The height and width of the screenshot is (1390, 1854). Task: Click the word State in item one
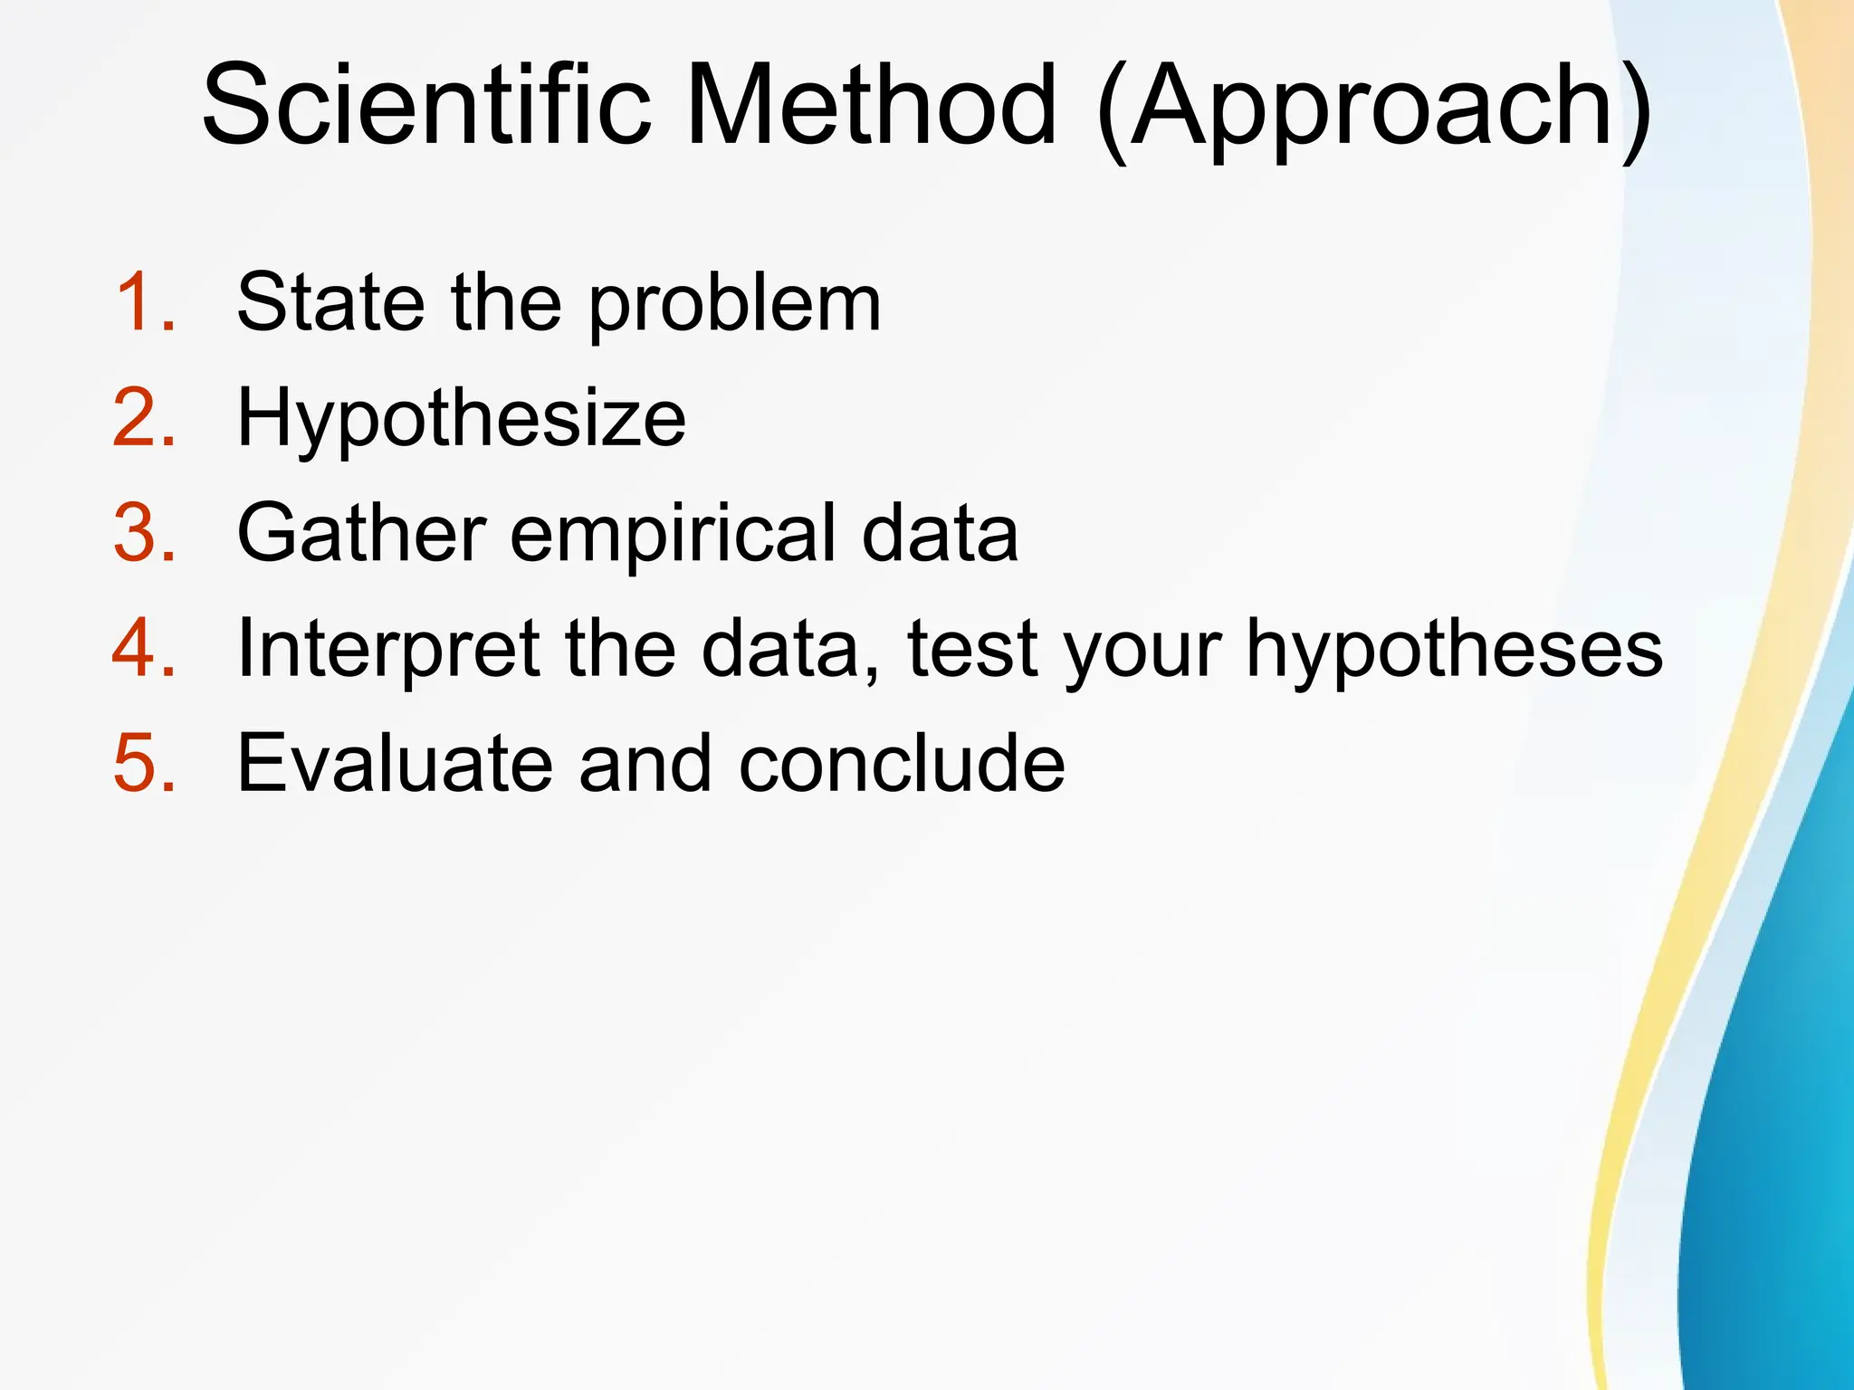pos(330,303)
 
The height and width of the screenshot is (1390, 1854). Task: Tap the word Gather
pos(361,534)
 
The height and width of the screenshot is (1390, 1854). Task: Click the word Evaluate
pos(394,765)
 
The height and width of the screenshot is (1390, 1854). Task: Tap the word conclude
pos(901,765)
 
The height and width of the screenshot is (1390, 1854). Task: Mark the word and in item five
pos(645,765)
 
